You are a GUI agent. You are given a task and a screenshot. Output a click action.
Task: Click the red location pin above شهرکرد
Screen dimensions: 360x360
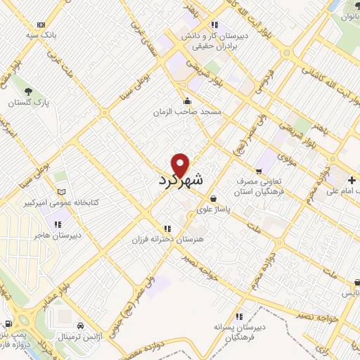181,165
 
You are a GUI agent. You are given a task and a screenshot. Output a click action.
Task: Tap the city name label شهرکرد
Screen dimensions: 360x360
181,180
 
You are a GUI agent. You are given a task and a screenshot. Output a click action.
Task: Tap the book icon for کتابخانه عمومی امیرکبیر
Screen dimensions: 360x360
61,192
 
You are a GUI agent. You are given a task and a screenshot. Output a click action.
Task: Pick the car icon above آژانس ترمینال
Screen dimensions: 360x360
83,327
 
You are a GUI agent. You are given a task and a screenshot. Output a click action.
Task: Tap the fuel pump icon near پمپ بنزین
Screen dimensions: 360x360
8,323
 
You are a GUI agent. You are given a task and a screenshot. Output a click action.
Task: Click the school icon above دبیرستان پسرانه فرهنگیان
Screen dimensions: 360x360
239,316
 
